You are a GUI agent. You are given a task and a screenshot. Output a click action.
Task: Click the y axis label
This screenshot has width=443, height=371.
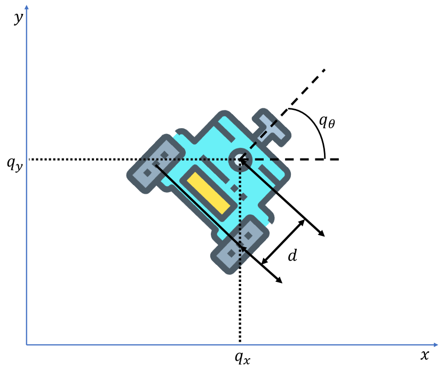18,18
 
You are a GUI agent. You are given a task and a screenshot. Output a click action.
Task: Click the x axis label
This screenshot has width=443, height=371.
425,354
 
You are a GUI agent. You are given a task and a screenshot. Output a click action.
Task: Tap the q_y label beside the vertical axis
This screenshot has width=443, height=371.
15,164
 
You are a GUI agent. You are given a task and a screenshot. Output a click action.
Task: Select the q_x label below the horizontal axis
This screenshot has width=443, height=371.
242,358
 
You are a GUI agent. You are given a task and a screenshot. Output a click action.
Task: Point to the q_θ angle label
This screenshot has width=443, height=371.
327,122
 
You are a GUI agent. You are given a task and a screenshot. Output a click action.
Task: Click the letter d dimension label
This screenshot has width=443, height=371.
292,255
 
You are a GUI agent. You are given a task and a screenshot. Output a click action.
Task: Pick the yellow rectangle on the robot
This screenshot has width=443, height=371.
209,193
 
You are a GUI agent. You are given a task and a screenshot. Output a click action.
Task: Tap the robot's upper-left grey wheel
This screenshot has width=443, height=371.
156,164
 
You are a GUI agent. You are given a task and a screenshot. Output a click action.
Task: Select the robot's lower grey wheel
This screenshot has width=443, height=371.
240,244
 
